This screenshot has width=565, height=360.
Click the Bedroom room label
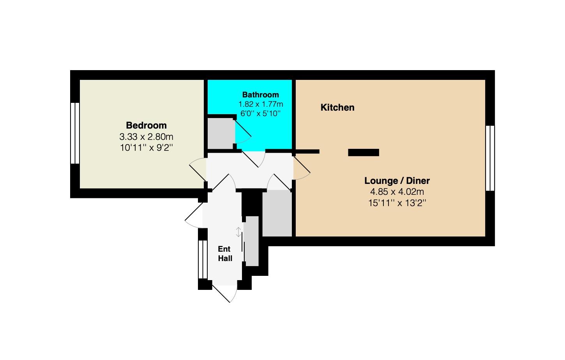point(146,125)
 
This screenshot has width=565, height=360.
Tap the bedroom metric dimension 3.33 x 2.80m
point(146,137)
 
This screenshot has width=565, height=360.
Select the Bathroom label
point(261,95)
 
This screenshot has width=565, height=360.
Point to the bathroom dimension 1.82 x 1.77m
point(261,104)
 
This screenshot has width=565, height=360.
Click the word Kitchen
point(337,108)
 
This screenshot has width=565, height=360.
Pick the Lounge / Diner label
point(397,181)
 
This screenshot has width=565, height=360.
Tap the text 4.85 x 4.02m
point(397,192)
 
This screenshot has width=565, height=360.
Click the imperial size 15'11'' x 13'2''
point(397,203)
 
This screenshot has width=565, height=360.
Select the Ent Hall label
point(225,254)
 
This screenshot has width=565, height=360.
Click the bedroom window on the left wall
point(75,133)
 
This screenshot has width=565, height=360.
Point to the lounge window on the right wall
point(490,158)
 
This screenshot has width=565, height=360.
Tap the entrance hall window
point(203,259)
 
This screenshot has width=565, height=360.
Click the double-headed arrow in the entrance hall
point(238,232)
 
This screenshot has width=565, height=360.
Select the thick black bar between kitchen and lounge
point(364,152)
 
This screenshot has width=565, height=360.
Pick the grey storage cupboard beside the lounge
point(277,213)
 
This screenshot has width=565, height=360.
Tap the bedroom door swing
point(198,169)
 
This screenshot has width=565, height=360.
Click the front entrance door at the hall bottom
point(224,293)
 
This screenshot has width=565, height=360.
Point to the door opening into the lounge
point(302,168)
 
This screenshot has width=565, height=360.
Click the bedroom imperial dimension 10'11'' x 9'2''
point(146,148)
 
